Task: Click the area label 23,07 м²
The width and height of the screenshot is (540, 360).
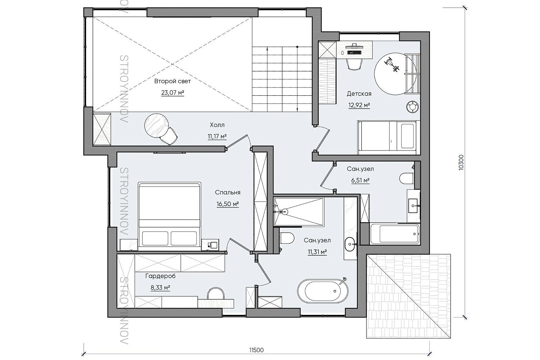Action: [172, 93]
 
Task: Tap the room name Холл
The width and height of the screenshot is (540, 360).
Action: [217, 125]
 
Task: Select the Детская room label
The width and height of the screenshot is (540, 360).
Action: [359, 94]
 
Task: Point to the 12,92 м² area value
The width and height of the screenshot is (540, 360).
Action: [359, 105]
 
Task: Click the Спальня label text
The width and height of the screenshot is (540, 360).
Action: [228, 192]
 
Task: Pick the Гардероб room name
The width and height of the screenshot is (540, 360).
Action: [160, 276]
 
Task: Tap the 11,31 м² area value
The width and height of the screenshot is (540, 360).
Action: [317, 252]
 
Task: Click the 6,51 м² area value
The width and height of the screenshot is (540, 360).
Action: [360, 180]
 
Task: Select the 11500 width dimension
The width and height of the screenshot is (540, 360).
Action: [256, 350]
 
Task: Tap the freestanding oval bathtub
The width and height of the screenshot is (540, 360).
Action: [323, 291]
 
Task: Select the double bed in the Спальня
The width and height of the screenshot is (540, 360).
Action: [170, 214]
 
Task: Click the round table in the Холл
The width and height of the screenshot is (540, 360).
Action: [157, 126]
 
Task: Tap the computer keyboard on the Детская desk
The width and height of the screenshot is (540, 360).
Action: [354, 52]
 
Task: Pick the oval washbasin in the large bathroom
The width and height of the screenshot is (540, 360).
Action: [350, 244]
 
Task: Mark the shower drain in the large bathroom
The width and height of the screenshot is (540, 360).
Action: [285, 212]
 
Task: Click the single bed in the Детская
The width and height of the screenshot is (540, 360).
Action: [387, 137]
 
